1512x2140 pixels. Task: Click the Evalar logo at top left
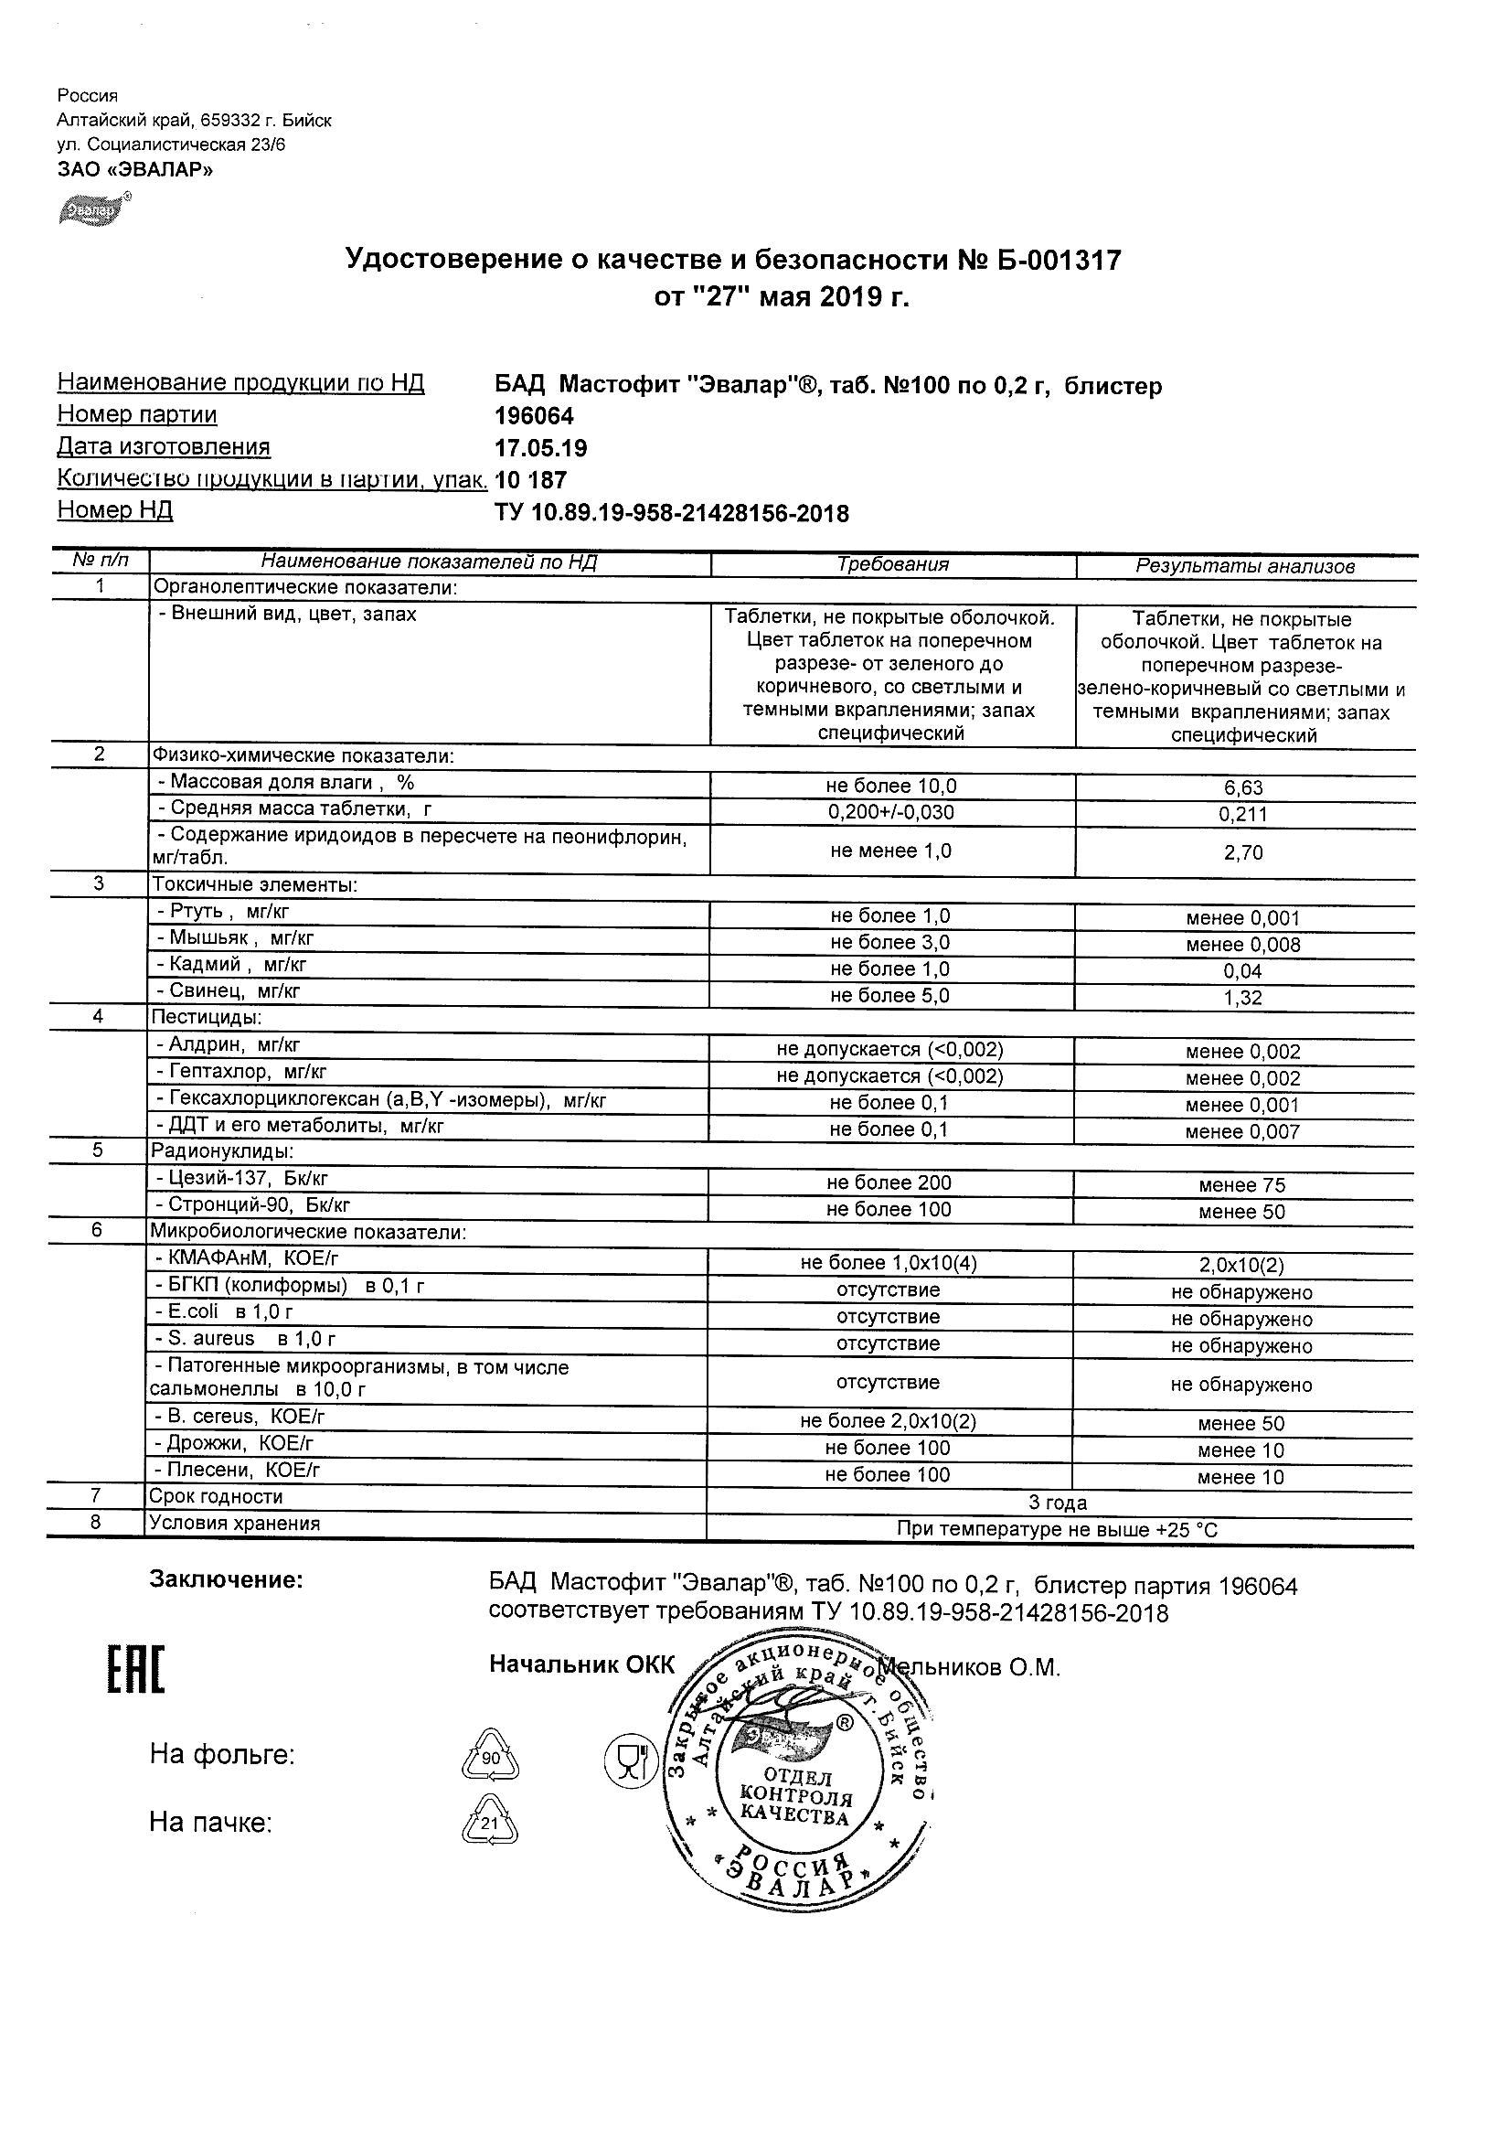94,210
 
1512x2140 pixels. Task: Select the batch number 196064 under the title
534,416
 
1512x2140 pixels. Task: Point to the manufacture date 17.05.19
540,448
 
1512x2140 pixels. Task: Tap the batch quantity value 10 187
530,481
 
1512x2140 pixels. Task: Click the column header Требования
892,565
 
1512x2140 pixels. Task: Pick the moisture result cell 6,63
1243,788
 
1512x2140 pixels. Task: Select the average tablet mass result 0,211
1243,815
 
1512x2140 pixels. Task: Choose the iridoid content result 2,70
1243,853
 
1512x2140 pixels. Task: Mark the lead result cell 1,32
1243,999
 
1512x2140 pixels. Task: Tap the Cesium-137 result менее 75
1241,1185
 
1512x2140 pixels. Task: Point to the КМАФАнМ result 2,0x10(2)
1241,1266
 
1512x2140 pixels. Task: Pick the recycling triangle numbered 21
490,1823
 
